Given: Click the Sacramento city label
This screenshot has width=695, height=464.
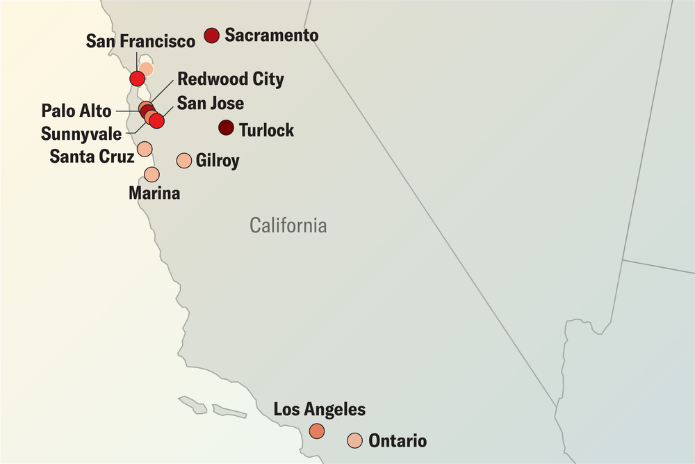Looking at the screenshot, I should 272,35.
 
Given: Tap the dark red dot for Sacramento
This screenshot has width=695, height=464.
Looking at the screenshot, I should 212,35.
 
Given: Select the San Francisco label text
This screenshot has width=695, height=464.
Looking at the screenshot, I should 140,42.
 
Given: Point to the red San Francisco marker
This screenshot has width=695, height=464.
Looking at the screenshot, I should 138,76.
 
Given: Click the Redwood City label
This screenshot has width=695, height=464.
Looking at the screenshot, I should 231,79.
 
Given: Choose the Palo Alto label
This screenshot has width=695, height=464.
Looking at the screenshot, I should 76,111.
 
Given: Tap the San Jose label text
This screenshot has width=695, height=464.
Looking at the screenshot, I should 210,104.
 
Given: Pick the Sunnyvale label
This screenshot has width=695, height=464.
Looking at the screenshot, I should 81,133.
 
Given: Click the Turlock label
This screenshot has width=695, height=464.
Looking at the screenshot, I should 266,130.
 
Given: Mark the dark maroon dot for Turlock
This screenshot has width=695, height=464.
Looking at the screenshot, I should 226,128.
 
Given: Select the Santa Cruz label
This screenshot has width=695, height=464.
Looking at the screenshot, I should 92,156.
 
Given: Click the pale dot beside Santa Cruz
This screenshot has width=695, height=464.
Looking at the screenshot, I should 145,148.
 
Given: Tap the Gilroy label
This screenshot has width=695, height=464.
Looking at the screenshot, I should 218,161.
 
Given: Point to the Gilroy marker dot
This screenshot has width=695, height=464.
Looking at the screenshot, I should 184,161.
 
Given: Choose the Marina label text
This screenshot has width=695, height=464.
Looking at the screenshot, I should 154,193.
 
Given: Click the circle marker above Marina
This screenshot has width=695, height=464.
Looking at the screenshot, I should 152,174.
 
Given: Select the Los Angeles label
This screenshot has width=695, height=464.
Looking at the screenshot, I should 319,409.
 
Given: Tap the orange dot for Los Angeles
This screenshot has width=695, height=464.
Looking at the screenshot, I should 317,431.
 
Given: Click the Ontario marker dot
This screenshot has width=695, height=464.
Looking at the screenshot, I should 354,440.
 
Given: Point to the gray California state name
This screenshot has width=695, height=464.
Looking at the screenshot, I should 288,225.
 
